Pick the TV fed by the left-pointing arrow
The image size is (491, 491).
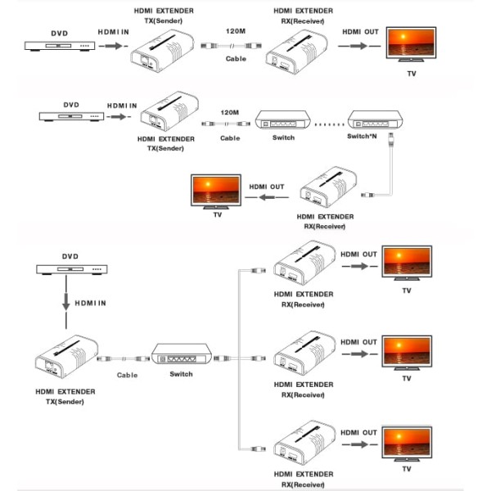pos(215,191)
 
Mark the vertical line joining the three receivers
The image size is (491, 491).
pos(238,360)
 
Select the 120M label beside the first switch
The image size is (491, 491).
pos(230,112)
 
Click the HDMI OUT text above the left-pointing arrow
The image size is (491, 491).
pos(267,187)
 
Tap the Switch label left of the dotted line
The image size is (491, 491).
pos(283,138)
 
